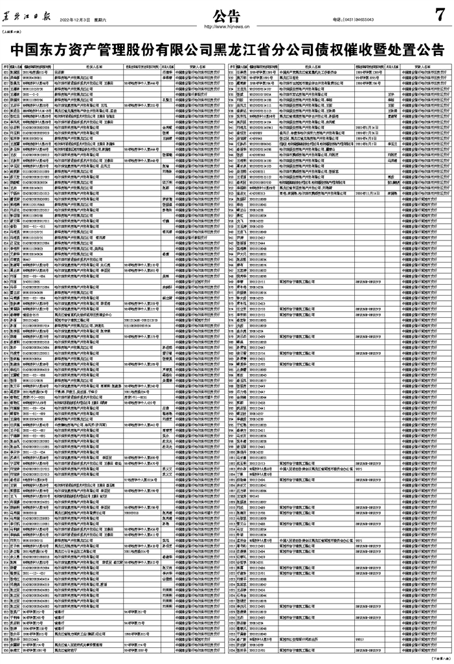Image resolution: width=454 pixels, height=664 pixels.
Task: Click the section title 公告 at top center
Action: (x=226, y=14)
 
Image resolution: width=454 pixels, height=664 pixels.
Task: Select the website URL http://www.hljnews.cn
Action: (x=227, y=27)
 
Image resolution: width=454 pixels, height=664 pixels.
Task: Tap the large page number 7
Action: (x=440, y=14)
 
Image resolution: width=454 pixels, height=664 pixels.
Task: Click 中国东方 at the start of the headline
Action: (x=36, y=49)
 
